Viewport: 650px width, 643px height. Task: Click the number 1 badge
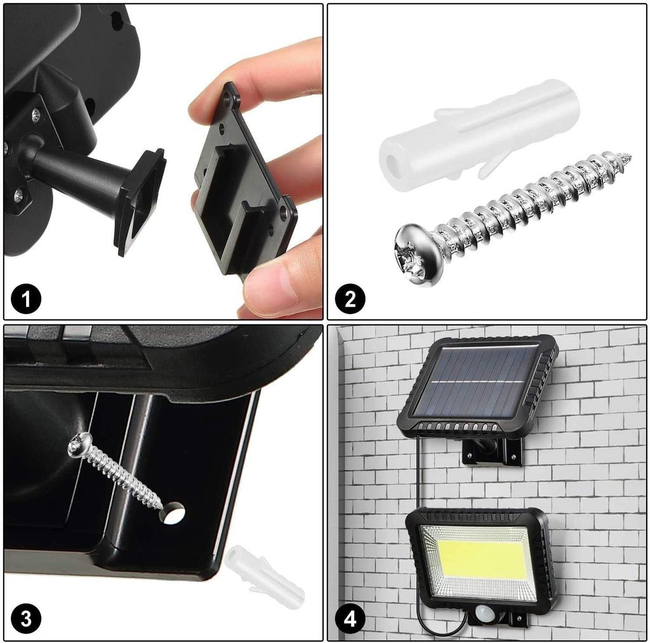pos(26,299)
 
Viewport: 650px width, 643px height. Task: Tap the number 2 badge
pos(350,299)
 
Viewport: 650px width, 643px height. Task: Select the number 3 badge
pos(26,620)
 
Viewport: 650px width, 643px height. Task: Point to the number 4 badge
pos(350,620)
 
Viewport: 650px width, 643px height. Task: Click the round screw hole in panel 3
pos(172,512)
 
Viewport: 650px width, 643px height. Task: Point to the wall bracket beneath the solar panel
pos(493,451)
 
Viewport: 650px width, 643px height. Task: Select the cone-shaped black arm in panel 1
pos(76,171)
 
